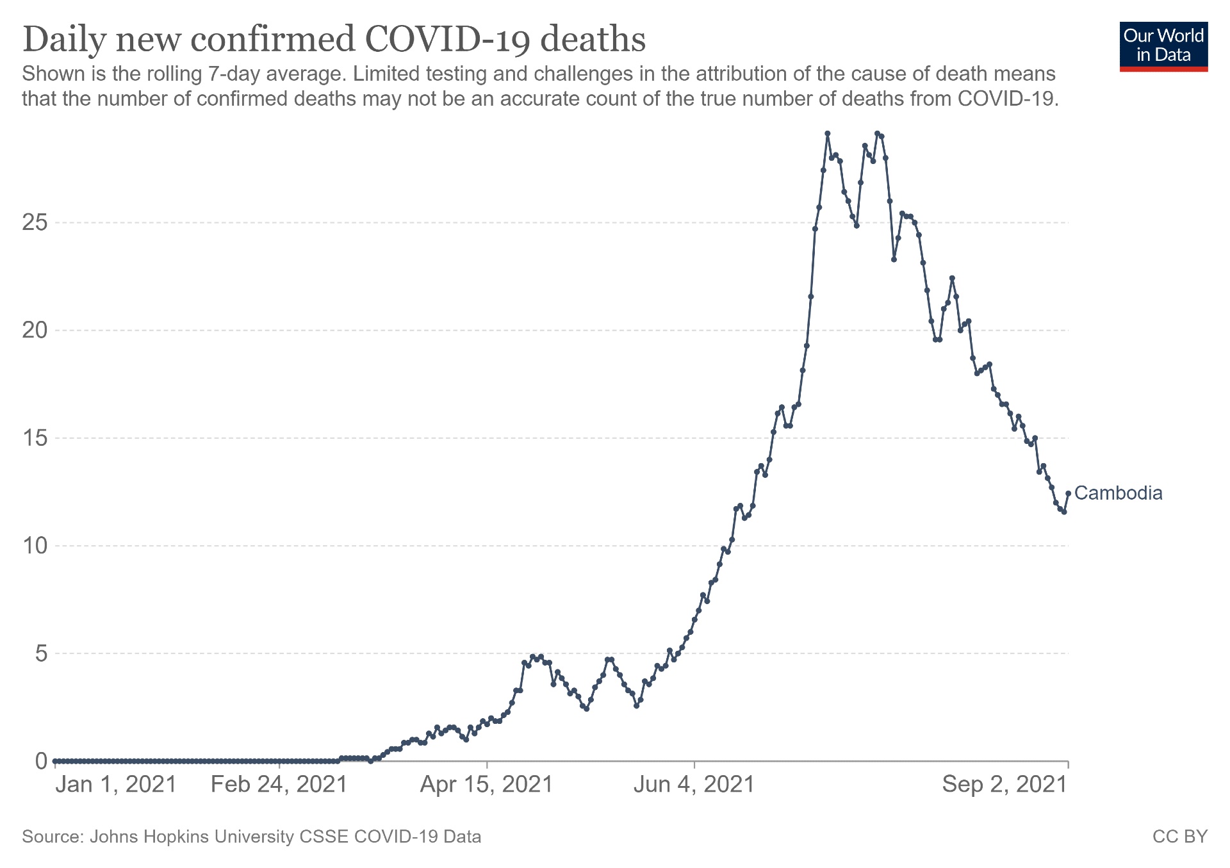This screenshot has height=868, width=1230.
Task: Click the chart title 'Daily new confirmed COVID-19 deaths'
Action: coord(334,39)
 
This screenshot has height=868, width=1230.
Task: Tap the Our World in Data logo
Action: coord(1163,47)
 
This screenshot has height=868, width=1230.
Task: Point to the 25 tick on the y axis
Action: coord(35,223)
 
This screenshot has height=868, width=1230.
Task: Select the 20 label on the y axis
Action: coord(35,331)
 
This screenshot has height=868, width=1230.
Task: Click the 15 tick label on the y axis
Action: coord(35,438)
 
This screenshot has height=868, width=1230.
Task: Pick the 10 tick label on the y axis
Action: coord(35,546)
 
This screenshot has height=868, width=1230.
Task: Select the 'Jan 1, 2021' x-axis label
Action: coord(116,784)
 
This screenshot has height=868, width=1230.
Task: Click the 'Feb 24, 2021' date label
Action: coord(279,784)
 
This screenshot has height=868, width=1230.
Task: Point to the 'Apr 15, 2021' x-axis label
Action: coord(486,784)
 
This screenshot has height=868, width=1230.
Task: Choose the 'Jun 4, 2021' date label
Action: coord(694,784)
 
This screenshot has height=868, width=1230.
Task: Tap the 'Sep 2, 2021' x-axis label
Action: coord(1004,784)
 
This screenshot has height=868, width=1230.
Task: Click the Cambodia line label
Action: coord(1118,493)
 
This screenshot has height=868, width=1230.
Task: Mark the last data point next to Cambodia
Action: coord(1068,493)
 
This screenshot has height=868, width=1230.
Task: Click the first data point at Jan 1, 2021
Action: coord(56,761)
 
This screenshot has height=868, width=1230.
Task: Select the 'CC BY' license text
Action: coord(1179,837)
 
